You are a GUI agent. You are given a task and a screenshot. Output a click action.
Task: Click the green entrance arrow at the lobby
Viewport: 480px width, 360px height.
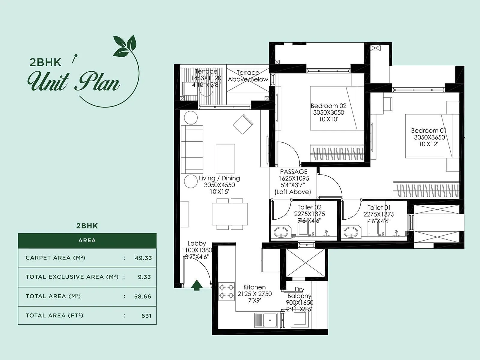(196, 285)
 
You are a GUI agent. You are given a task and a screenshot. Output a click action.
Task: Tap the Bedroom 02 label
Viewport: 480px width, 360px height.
(328, 106)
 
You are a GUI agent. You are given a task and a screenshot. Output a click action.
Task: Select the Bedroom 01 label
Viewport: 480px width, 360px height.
(429, 130)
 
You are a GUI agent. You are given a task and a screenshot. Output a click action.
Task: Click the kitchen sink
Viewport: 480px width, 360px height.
(266, 321)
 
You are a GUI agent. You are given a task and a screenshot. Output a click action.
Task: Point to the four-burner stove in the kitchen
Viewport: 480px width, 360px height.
(226, 291)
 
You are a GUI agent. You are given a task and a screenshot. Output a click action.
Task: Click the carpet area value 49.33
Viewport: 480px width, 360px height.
(143, 258)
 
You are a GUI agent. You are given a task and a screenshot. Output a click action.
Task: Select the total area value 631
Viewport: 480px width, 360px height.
(146, 316)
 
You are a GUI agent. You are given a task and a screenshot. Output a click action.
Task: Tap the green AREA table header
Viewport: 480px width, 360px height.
(87, 241)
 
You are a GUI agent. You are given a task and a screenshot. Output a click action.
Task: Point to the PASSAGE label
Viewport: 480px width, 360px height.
(294, 172)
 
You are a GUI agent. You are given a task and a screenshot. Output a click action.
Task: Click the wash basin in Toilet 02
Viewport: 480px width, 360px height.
(281, 232)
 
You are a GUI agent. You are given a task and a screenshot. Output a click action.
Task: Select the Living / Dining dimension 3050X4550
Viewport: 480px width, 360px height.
(219, 185)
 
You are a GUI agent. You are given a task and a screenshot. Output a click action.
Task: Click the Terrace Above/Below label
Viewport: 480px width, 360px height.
(248, 76)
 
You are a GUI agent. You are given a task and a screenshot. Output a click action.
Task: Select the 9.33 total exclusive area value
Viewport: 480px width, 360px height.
(144, 277)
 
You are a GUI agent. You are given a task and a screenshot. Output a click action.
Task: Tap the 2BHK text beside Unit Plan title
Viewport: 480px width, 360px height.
(45, 62)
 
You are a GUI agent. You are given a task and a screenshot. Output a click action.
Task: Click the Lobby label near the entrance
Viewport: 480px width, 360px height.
(196, 243)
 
